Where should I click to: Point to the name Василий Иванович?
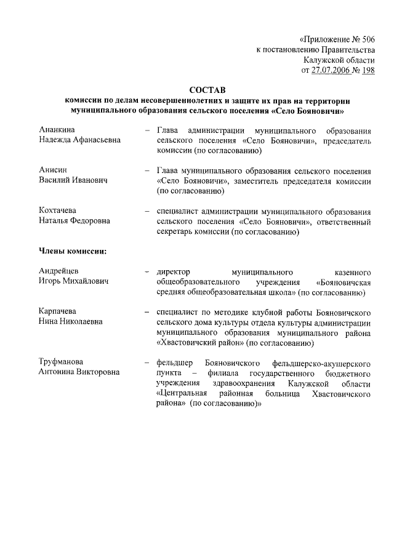coord(73,180)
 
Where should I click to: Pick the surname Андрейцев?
coord(58,271)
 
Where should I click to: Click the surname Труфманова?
coord(60,361)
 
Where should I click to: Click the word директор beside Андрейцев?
coord(176,271)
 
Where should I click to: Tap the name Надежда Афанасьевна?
coord(79,140)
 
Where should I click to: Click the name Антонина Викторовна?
coord(79,372)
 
